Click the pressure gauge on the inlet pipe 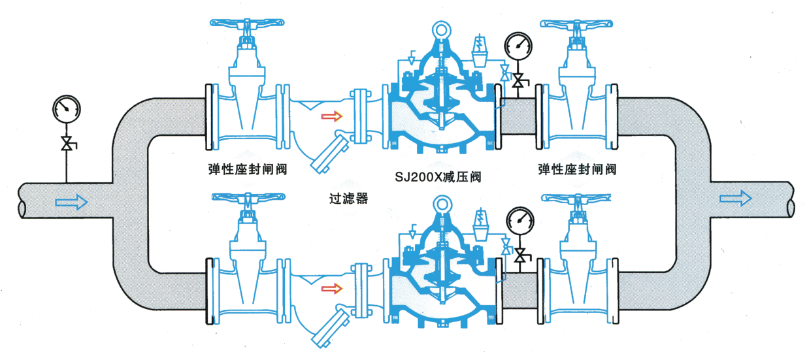65,108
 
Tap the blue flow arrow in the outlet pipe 735,197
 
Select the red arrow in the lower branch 332,288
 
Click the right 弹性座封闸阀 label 577,170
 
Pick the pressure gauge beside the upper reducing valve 519,45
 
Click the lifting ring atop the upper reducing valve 442,31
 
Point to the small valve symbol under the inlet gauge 66,142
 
